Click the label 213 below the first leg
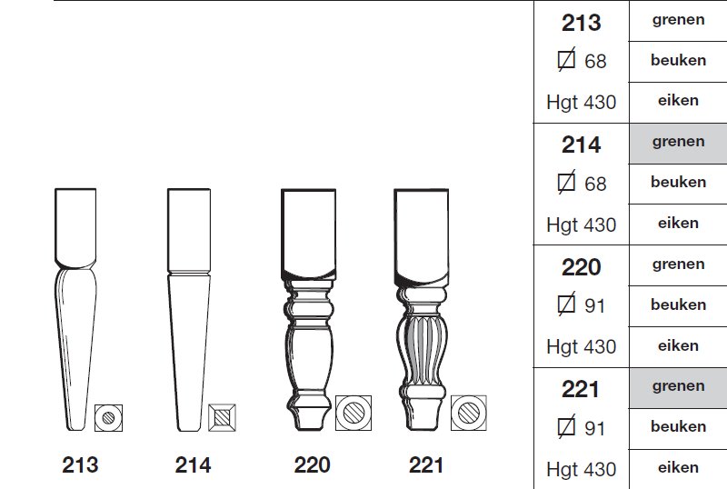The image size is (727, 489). (80, 464)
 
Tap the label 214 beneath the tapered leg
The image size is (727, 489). (193, 464)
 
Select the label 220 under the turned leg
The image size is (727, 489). (312, 464)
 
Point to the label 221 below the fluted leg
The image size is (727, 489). (425, 464)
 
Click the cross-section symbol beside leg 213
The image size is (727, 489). (108, 417)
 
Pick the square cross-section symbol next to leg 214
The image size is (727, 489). (222, 417)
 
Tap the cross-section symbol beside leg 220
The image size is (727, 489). (354, 413)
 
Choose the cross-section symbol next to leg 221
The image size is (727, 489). (469, 413)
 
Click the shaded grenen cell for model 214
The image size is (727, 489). (678, 144)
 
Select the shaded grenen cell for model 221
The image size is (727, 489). (678, 388)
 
